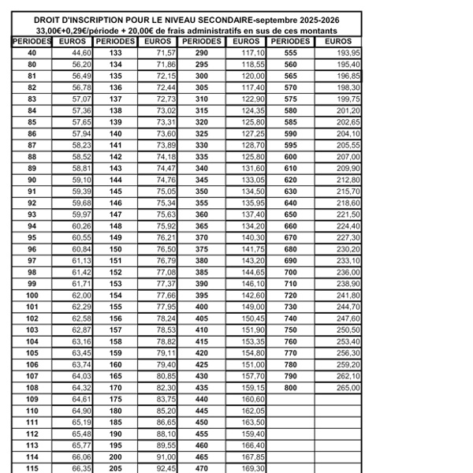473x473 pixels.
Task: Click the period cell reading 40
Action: tap(32, 52)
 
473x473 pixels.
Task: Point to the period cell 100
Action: tap(32, 294)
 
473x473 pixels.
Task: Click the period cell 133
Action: tap(116, 52)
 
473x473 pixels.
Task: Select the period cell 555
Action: tap(291, 52)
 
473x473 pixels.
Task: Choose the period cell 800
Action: tap(291, 388)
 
